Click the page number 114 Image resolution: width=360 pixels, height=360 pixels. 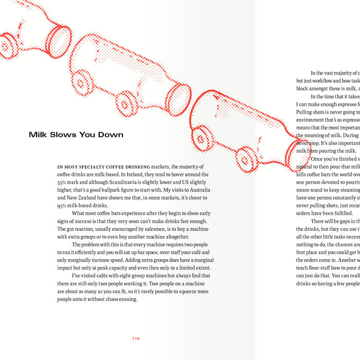(136, 338)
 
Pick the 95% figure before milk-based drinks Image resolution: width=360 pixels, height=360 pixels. (63, 205)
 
